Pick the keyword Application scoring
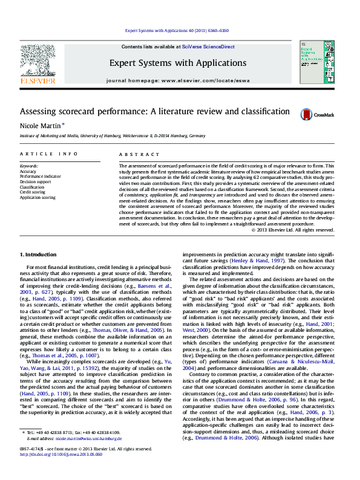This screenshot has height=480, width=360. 38,197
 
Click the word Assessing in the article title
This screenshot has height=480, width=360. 39,112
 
